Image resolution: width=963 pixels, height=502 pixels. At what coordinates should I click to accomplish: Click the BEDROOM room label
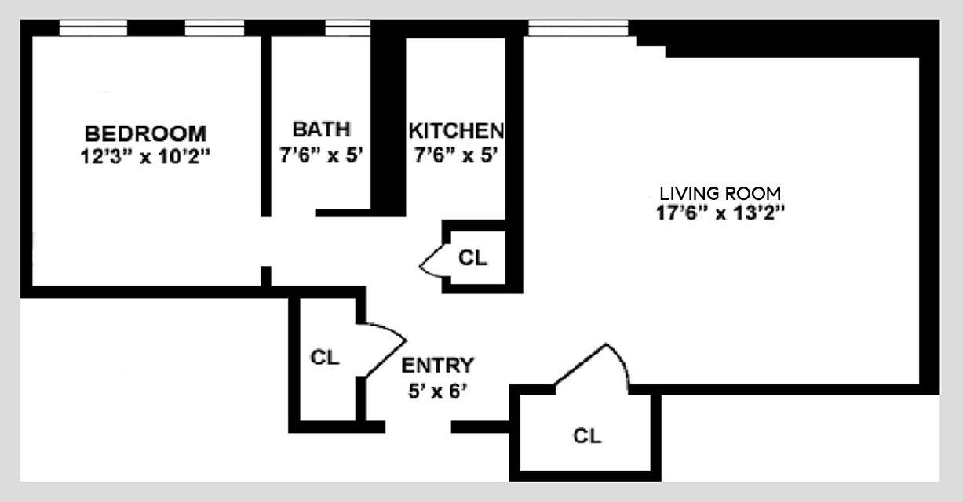[x=146, y=133]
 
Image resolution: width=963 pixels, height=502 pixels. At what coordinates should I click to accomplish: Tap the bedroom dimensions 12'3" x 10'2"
[x=146, y=155]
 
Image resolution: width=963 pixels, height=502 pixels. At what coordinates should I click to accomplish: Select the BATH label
[x=321, y=129]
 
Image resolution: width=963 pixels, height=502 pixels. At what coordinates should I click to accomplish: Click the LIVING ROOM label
[x=720, y=193]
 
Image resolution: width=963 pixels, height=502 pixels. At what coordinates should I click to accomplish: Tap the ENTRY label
[x=437, y=366]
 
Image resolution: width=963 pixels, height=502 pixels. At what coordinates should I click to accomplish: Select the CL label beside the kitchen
[x=472, y=257]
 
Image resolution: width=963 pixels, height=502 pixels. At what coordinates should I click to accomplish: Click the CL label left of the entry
[x=324, y=358]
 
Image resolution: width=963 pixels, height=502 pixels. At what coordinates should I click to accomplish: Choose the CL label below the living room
[x=587, y=436]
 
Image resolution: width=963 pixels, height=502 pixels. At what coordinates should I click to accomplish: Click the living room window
[x=578, y=29]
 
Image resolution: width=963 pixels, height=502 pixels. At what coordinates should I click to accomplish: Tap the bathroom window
[x=348, y=29]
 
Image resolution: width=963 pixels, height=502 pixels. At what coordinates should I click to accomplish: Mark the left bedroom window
[x=93, y=29]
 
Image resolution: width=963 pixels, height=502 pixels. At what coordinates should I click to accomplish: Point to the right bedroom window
[x=214, y=29]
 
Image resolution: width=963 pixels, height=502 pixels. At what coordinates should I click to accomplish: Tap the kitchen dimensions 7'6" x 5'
[x=456, y=155]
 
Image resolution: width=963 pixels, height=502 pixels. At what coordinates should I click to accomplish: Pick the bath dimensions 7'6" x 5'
[x=321, y=155]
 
